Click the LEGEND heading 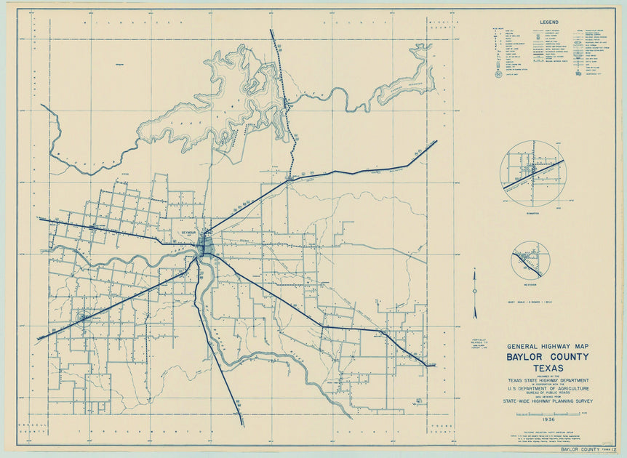[x=548, y=23]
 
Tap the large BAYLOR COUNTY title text [x=548, y=357]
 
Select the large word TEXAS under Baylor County [x=548, y=369]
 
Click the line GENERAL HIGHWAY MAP [x=548, y=346]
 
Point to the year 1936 [x=548, y=419]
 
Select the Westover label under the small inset [x=530, y=284]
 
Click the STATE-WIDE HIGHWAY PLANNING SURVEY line [x=548, y=401]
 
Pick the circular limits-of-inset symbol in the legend [x=498, y=73]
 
